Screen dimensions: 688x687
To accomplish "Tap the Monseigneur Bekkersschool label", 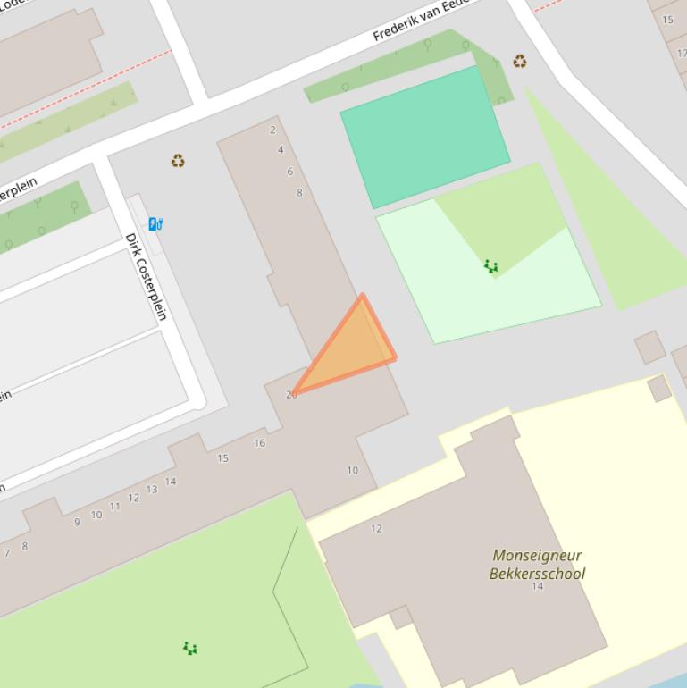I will click(537, 565).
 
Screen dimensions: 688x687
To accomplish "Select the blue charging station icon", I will click(155, 223).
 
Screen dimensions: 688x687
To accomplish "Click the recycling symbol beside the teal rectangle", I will click(519, 62).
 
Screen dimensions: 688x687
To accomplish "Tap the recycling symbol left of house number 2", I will click(178, 161).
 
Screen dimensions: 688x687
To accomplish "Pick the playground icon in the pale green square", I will click(490, 266).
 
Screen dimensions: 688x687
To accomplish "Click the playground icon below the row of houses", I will click(189, 648).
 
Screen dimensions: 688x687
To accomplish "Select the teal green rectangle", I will click(424, 135).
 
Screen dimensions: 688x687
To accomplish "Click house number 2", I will click(272, 130).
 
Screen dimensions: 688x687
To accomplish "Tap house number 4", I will click(281, 150).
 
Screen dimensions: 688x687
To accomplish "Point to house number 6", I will click(289, 172).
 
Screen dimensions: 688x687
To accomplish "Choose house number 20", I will click(291, 394).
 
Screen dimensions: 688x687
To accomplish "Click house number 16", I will click(259, 443).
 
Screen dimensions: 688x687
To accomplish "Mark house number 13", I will click(152, 490).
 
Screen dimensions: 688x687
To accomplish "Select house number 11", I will click(114, 507).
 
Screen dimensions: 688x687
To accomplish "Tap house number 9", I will click(77, 523).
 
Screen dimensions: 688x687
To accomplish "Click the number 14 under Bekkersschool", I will click(537, 586).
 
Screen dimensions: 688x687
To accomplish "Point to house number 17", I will click(682, 54).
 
